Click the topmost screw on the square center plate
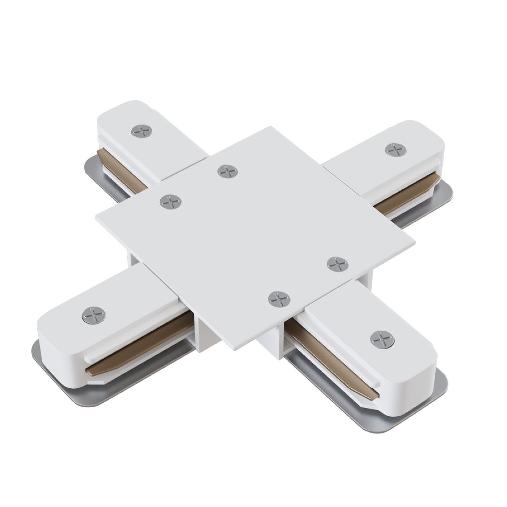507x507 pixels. pos(227,172)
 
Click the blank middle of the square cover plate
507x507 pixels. pos(253,237)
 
